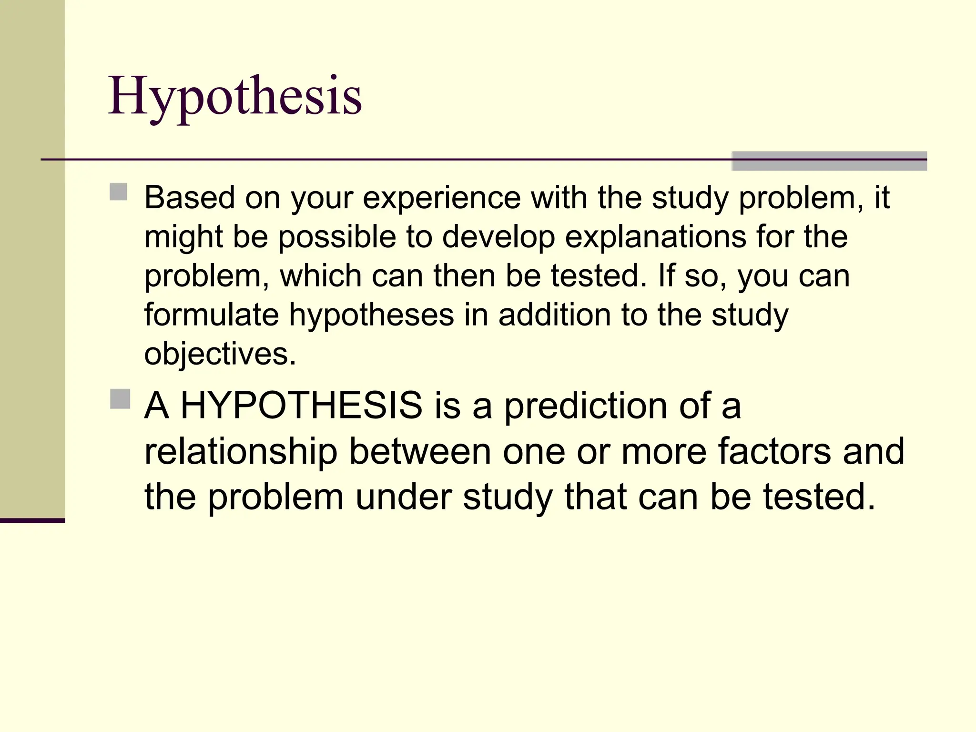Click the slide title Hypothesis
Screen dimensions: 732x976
[x=235, y=97]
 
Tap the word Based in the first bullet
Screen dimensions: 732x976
[x=189, y=197]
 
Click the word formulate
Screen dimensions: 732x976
[x=212, y=315]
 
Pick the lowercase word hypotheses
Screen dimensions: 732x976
[x=372, y=316]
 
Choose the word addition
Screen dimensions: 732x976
[x=555, y=315]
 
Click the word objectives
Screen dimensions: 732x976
[x=220, y=355]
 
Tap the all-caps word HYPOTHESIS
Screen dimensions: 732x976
[x=301, y=406]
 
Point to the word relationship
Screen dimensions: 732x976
[x=241, y=452]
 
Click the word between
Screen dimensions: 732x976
[x=420, y=451]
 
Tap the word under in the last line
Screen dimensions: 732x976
[x=404, y=497]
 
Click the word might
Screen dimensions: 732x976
[x=183, y=238]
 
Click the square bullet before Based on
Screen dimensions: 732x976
[x=118, y=192]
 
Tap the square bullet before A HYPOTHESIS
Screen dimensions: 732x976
[x=120, y=399]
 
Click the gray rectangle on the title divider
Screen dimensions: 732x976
[x=829, y=161]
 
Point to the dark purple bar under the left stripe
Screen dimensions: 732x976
[x=32, y=520]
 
